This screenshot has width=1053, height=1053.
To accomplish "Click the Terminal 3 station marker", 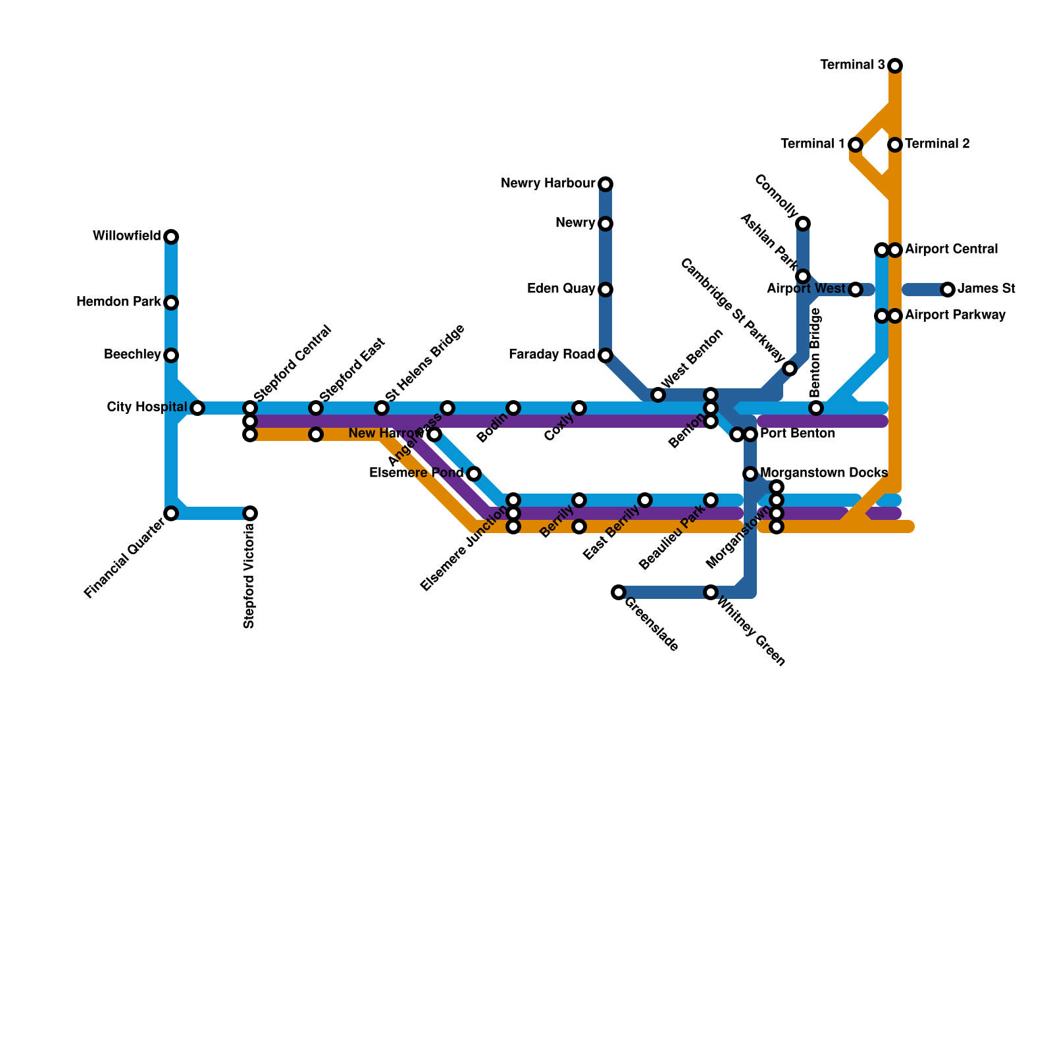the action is (x=895, y=65).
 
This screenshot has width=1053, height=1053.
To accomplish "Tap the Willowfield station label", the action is (x=126, y=236).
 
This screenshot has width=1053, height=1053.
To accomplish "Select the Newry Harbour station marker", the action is (x=605, y=184).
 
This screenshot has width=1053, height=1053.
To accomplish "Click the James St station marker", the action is (x=948, y=289).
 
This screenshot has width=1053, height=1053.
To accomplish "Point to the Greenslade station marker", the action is (x=619, y=592).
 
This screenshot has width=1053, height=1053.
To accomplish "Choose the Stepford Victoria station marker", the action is (x=250, y=513).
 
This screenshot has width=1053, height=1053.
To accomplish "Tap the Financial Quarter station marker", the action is (x=171, y=513).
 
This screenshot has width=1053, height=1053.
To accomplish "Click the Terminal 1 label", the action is (x=813, y=144).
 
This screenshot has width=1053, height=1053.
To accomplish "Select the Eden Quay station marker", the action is (x=605, y=290).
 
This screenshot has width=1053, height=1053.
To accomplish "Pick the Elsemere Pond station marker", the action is (x=474, y=474).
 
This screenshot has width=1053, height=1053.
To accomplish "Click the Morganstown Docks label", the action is (x=824, y=473).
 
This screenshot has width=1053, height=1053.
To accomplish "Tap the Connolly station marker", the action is (x=803, y=224).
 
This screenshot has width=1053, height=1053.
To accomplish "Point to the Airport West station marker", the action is (x=856, y=290).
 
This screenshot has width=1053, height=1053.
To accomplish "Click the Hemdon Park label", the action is (x=118, y=302).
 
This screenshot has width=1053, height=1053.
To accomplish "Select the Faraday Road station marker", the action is (x=605, y=355).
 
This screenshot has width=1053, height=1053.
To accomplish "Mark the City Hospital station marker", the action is (x=197, y=408).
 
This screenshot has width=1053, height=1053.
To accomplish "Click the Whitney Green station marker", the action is (x=711, y=592).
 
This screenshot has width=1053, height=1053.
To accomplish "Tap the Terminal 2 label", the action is (x=937, y=144).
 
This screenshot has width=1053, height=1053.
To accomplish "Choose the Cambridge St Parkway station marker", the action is (x=790, y=369).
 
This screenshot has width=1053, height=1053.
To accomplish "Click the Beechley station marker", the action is (x=171, y=355).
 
